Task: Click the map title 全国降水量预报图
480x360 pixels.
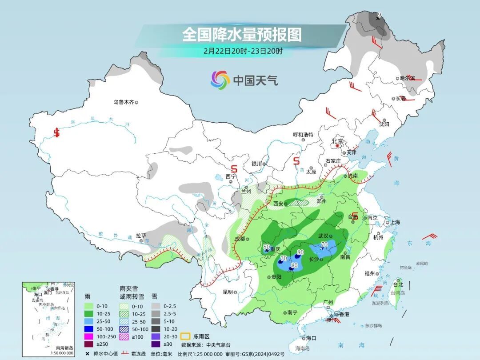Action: click(x=242, y=34)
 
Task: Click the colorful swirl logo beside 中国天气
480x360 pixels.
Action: click(x=220, y=80)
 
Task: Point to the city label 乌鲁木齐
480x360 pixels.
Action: click(x=123, y=102)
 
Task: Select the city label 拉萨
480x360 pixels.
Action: click(x=141, y=235)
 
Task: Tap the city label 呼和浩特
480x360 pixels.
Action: click(x=303, y=134)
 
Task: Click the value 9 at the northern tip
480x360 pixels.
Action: click(x=379, y=16)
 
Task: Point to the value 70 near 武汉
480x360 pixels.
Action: click(x=324, y=244)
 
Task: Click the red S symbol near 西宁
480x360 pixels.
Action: click(x=234, y=169)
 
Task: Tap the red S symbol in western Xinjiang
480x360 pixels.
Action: click(x=56, y=132)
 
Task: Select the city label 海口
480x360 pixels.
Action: click(x=311, y=338)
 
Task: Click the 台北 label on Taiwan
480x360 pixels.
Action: click(x=398, y=284)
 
